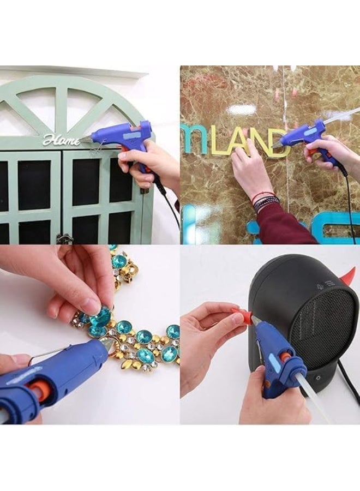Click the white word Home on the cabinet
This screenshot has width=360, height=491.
(61, 141)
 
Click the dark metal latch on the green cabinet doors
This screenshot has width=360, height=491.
(64, 238)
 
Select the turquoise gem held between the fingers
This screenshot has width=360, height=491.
(100, 316)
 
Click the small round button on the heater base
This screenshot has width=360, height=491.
(315, 377)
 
